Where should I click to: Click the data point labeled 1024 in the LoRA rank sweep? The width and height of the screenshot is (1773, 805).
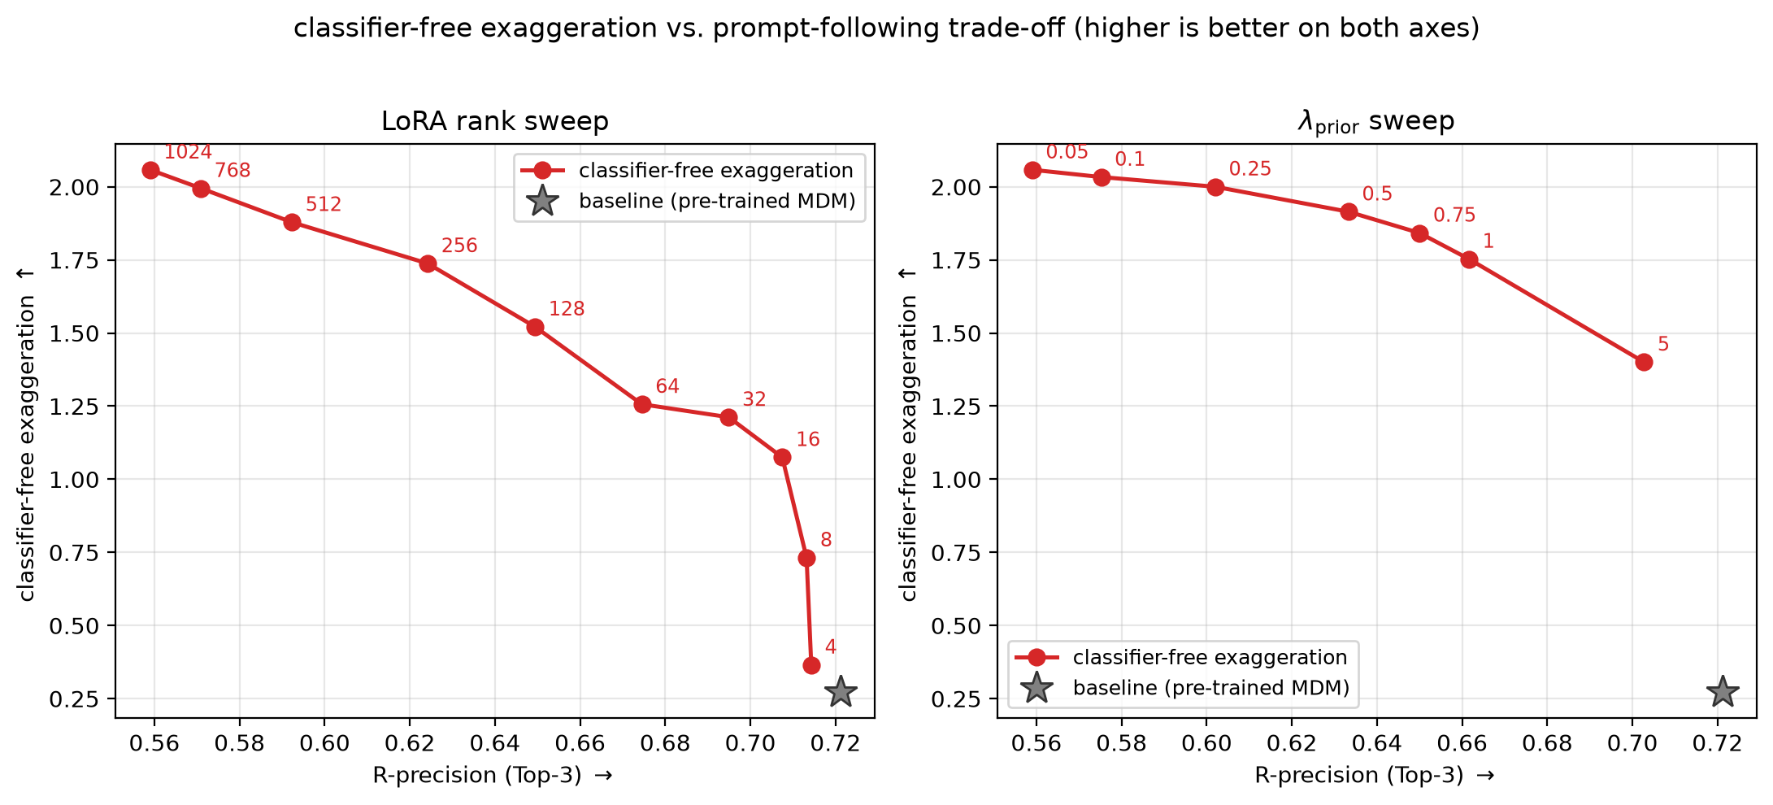point(150,170)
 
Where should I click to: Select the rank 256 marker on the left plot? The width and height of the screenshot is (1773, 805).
point(428,263)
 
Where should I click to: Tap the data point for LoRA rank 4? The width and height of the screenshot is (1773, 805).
point(811,665)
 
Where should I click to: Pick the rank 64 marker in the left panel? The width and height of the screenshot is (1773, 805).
point(642,404)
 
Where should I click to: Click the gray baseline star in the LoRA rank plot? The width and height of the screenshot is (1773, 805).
point(841,692)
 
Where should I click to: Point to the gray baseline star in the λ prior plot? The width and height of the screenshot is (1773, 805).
point(1722,692)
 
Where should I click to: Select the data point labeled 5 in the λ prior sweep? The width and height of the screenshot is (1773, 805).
point(1644,362)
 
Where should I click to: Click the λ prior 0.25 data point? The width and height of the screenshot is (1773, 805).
point(1215,187)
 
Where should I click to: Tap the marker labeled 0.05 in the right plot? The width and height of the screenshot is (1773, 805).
point(1032,170)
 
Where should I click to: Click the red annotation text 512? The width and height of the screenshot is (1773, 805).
point(324,204)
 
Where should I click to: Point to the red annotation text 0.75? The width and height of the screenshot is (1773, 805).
point(1454,215)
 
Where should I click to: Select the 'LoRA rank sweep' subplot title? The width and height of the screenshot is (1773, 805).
point(495,121)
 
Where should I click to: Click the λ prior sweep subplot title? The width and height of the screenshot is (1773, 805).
point(1376,122)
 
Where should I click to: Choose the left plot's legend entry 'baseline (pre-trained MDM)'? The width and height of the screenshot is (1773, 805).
point(717,201)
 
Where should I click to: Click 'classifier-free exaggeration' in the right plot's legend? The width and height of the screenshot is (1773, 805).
point(1210,657)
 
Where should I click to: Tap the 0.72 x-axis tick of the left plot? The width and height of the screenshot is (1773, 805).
point(836,743)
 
